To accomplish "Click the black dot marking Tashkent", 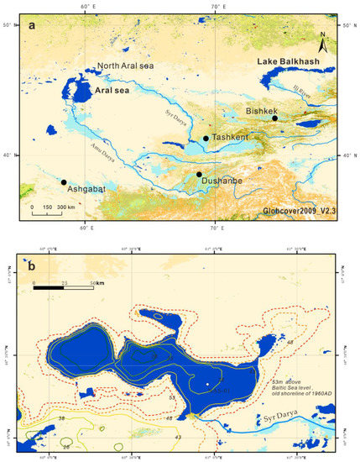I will click(x=206, y=139).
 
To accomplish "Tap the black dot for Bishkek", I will click(x=274, y=118).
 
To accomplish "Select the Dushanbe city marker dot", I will click(x=199, y=175).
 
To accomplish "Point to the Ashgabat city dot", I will click(x=64, y=181).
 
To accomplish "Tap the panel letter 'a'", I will click(x=33, y=26).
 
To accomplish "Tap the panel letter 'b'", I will click(x=32, y=269).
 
